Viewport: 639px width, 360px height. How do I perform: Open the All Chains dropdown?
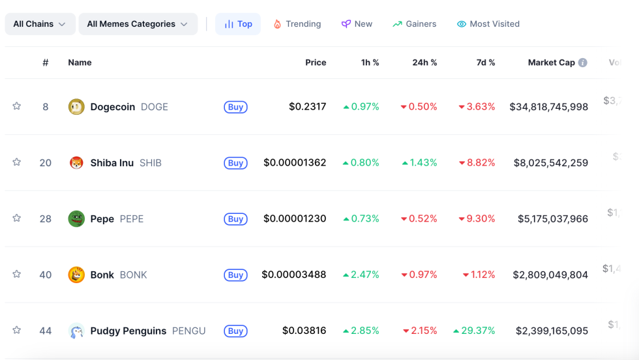[40, 24]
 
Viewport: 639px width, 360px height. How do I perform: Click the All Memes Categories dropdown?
[138, 24]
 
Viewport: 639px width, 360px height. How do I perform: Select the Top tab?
[238, 24]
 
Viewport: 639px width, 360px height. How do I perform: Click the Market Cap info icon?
[582, 63]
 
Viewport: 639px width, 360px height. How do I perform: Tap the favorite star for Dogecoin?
[17, 106]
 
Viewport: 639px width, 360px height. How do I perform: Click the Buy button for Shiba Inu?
[235, 163]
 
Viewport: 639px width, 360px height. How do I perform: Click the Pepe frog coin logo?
[76, 219]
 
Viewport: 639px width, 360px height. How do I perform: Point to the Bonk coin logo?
[76, 275]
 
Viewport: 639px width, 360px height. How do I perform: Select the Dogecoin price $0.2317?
[308, 107]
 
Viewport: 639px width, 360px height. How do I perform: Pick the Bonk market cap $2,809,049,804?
[550, 275]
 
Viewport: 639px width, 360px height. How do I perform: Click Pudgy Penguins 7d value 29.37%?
[478, 331]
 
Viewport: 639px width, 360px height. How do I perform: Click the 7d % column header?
[486, 63]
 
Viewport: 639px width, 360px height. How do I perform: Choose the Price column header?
[316, 63]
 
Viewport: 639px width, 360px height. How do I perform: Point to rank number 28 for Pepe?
[45, 219]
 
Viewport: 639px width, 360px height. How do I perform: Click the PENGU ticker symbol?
[188, 331]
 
